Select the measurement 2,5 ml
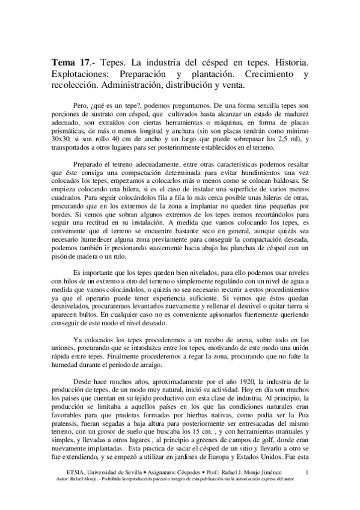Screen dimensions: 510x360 (287, 157)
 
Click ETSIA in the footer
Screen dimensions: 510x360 (63, 491)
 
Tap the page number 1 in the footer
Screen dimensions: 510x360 (307, 491)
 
